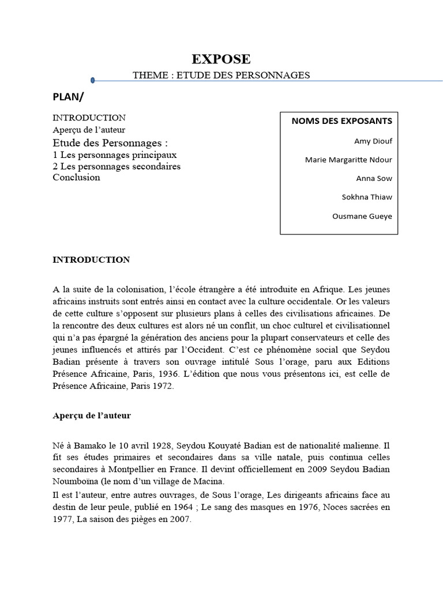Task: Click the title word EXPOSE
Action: [x=221, y=59]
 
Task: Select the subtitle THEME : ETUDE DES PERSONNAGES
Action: [x=221, y=75]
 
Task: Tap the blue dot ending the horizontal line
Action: [x=93, y=81]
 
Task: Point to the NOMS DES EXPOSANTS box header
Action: [x=341, y=121]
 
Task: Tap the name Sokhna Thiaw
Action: [x=367, y=197]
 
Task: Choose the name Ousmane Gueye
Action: [x=362, y=216]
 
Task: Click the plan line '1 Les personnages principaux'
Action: [x=114, y=155]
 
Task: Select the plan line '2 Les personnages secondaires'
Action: [x=117, y=167]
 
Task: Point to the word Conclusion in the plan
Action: [x=76, y=177]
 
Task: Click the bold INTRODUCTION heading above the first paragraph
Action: [x=91, y=260]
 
